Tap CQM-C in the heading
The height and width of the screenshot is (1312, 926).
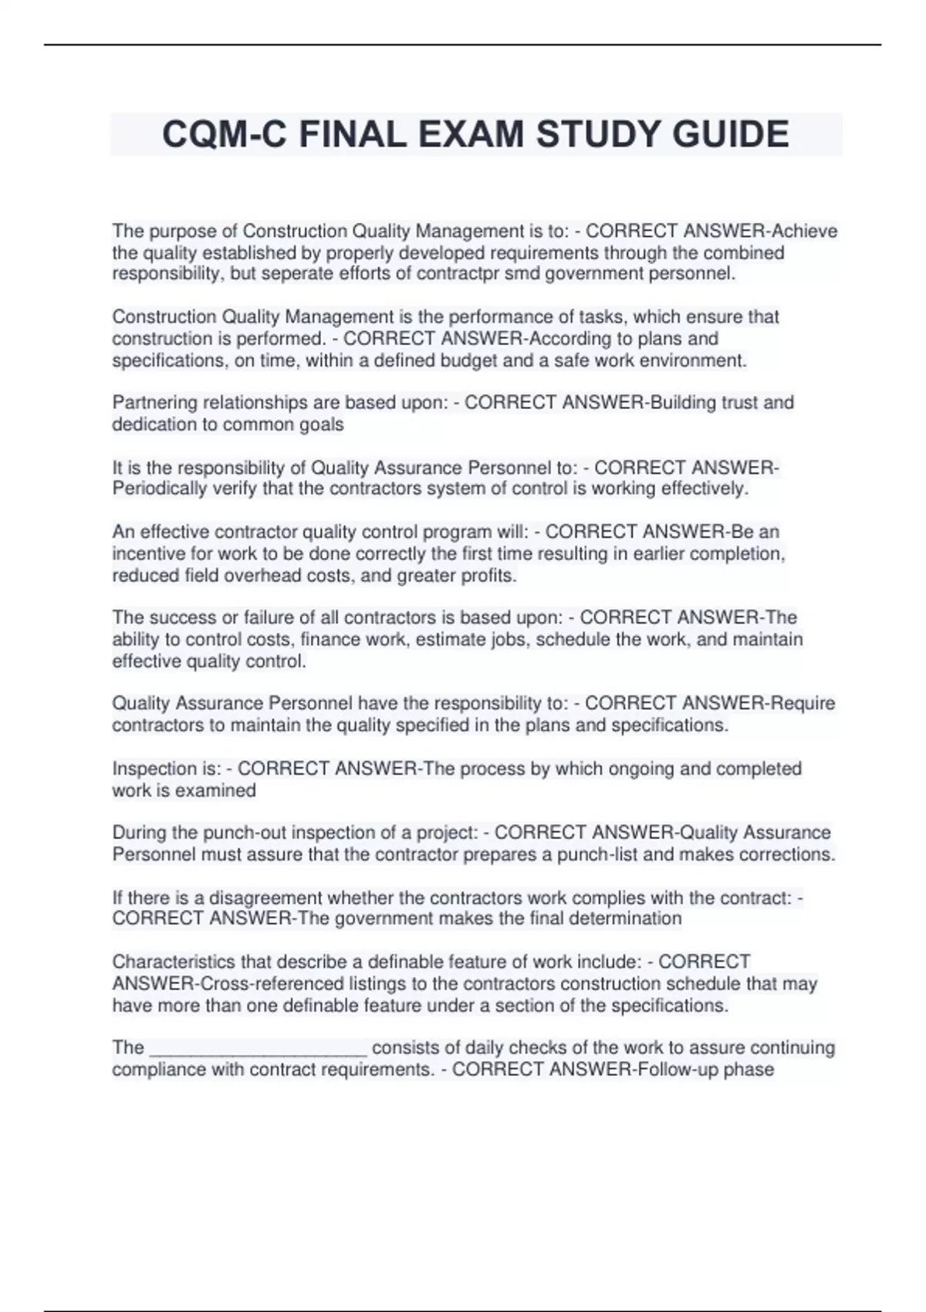point(225,134)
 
